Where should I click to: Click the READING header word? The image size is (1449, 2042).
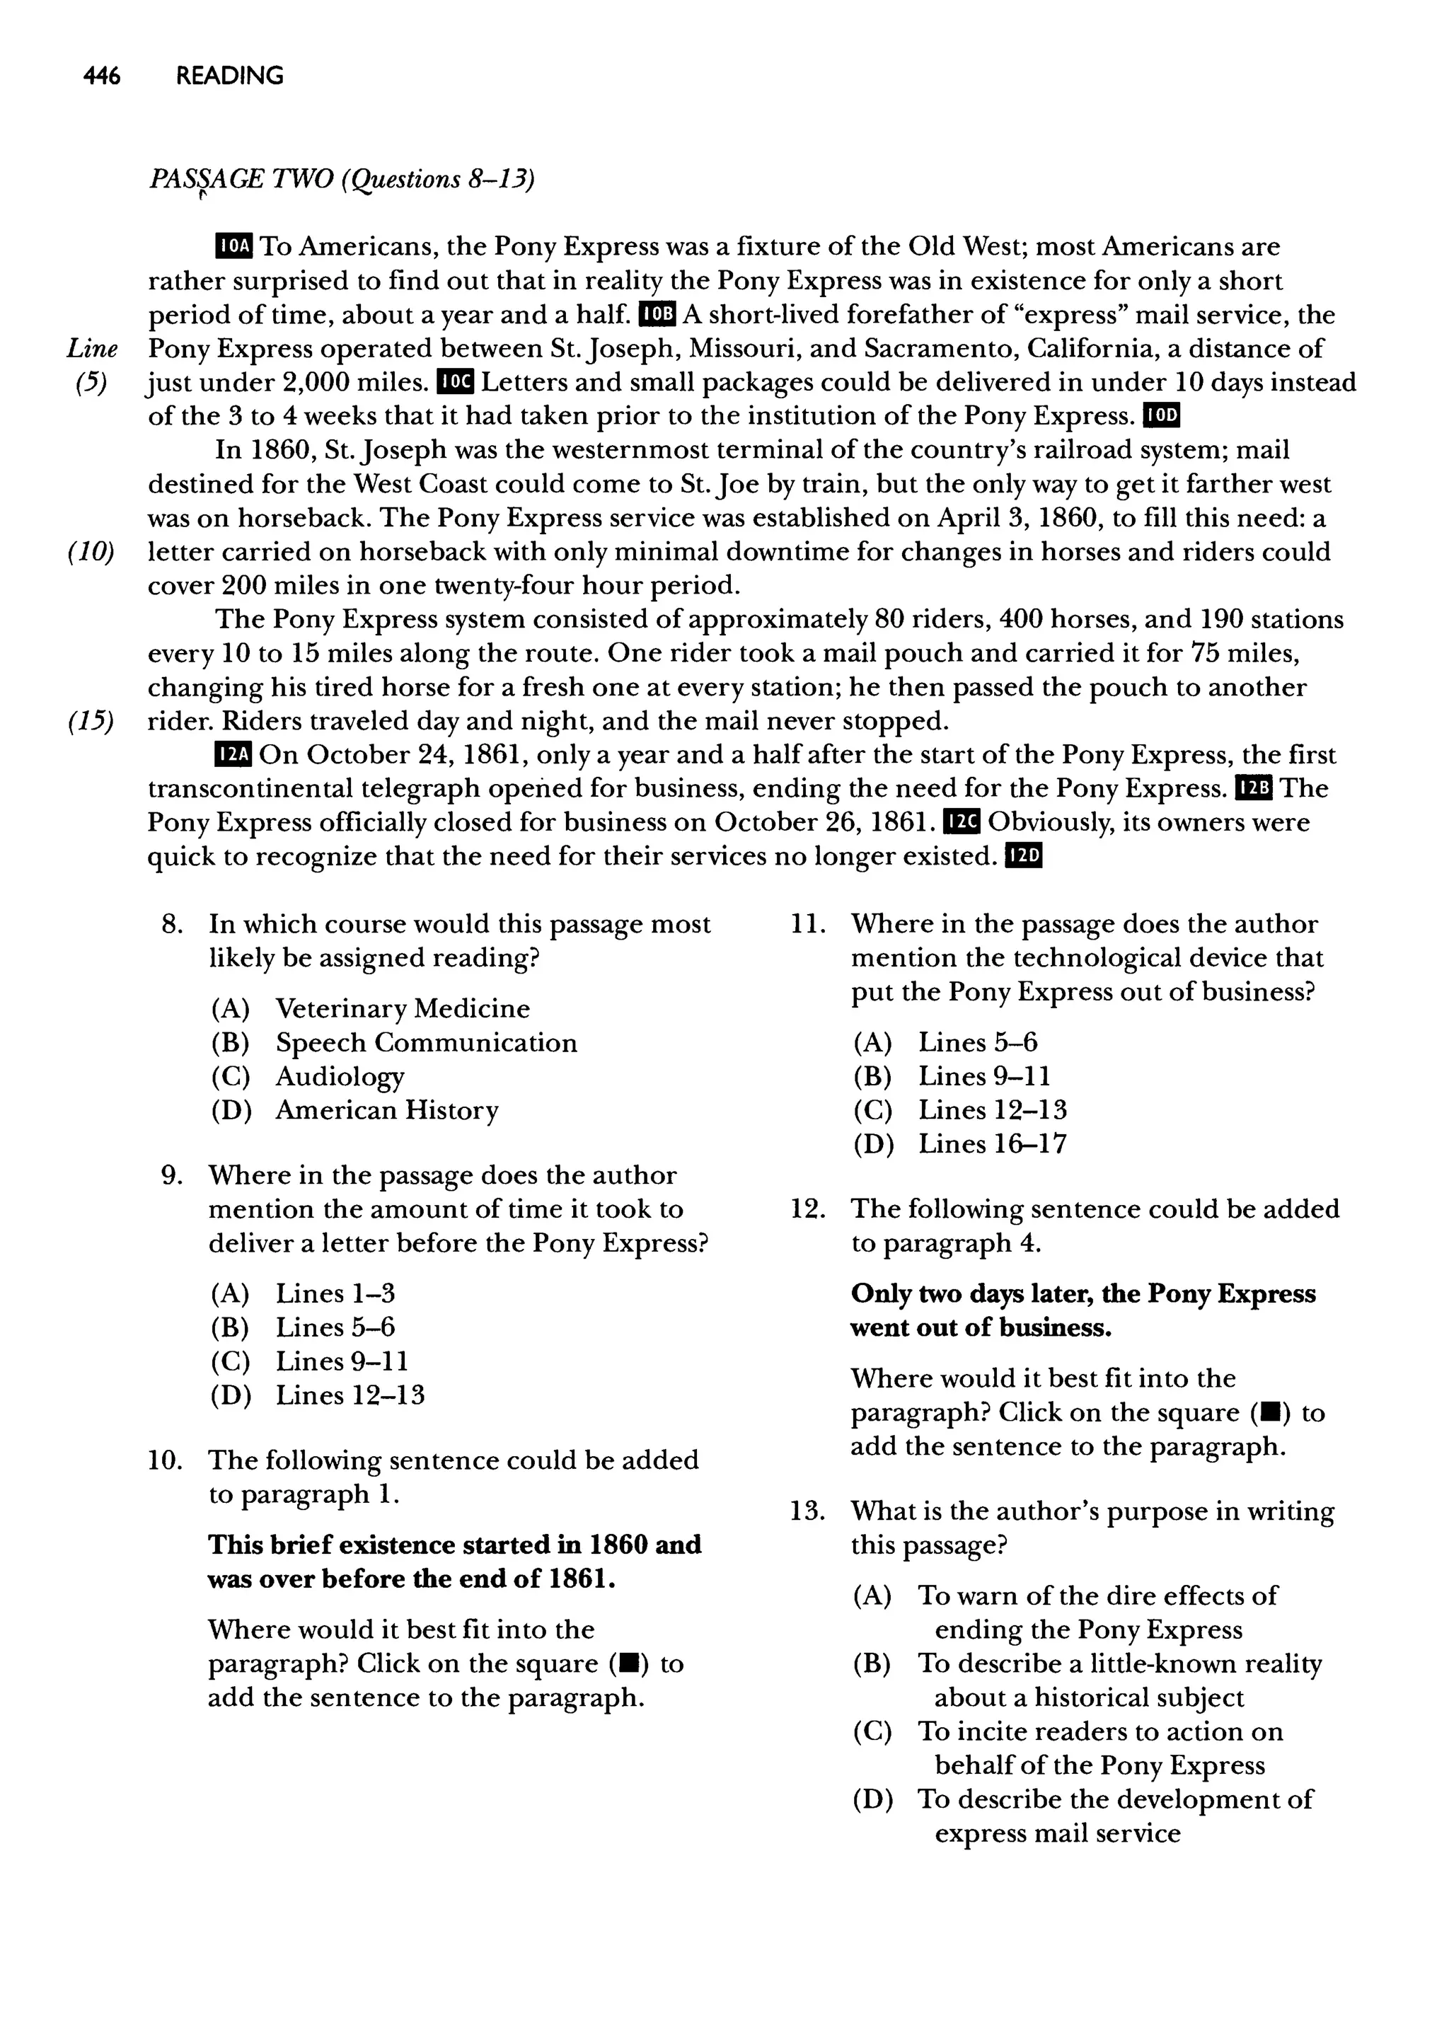tap(229, 76)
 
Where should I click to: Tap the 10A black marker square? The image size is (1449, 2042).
tap(235, 246)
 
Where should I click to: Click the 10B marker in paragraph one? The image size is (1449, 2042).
tap(659, 314)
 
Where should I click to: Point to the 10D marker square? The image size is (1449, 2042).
tap(1162, 416)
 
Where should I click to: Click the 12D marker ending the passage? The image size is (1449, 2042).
tap(1023, 856)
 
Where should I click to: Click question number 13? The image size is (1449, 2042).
tap(807, 1511)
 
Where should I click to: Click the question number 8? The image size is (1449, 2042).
tap(171, 924)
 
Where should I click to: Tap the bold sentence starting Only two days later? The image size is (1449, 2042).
tap(1083, 1310)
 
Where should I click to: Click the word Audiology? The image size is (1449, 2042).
tap(339, 1077)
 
